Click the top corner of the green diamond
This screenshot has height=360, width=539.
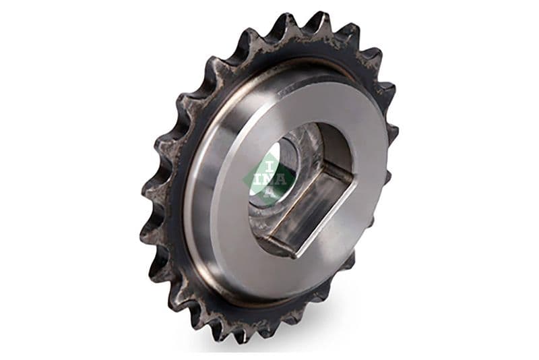coord(269,152)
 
